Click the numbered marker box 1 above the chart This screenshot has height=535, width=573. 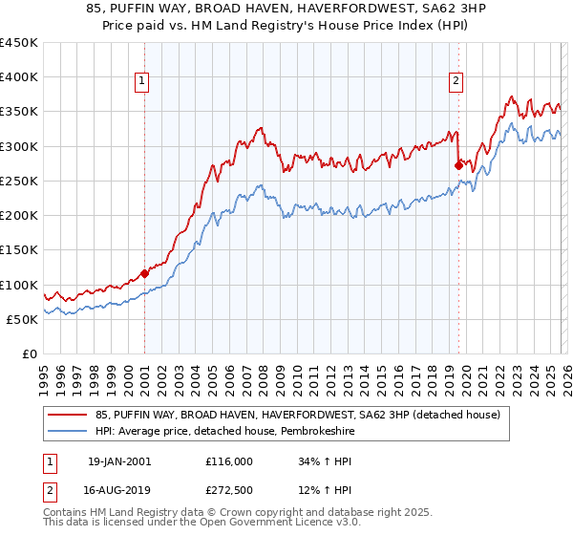141,82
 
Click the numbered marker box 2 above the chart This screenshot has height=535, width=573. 456,82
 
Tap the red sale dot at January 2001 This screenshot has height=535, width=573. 144,273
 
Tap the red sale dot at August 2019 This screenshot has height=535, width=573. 458,165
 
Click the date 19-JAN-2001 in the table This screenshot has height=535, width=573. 118,461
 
